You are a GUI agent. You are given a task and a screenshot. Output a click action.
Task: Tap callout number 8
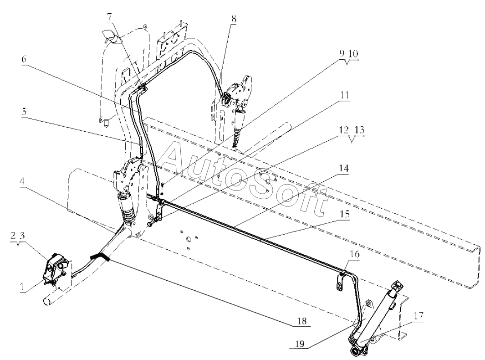[234, 19]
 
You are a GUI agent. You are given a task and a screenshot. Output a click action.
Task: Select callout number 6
[24, 59]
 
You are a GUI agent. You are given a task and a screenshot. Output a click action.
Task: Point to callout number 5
[24, 112]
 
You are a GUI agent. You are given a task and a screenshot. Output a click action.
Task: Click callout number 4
[22, 181]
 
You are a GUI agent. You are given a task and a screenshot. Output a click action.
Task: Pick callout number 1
[22, 287]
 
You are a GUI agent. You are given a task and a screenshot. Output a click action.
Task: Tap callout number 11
[345, 95]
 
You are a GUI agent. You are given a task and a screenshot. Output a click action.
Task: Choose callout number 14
[344, 168]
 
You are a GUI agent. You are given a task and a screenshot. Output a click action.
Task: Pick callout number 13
[359, 130]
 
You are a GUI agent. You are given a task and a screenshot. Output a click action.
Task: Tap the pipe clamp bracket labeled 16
[341, 280]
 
